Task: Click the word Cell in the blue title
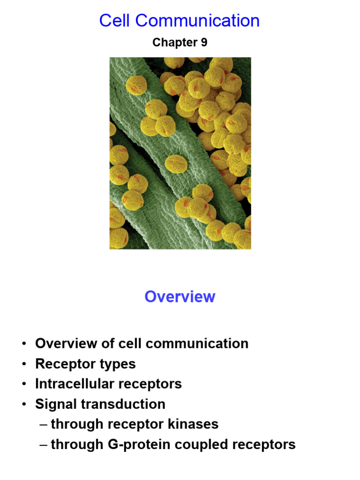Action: [115, 21]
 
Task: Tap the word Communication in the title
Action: [197, 21]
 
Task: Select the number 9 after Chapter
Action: [204, 42]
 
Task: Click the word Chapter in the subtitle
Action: [175, 43]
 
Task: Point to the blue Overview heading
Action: [180, 297]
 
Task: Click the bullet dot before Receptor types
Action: [24, 364]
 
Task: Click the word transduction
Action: [123, 404]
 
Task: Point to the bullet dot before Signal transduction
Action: [24, 404]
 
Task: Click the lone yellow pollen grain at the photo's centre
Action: [176, 164]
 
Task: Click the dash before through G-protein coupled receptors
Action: [44, 445]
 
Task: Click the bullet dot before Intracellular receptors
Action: [24, 384]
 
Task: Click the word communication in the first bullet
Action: [197, 344]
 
